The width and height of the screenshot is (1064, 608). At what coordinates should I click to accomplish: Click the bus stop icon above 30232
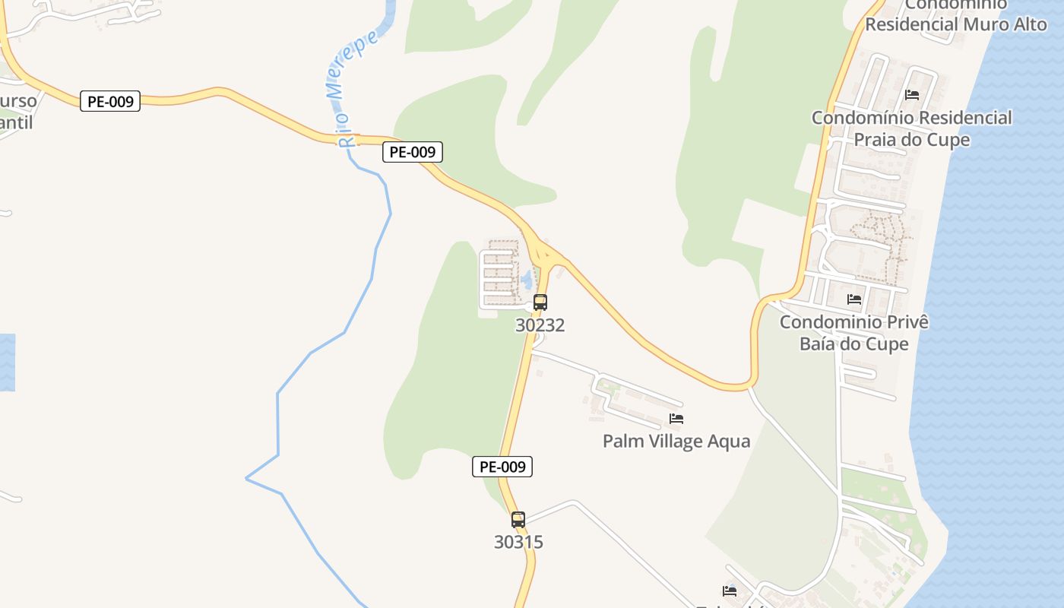pyautogui.click(x=540, y=302)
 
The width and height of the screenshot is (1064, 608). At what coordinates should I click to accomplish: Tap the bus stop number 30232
pyautogui.click(x=540, y=325)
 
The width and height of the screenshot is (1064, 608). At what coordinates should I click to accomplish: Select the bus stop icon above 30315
pyautogui.click(x=518, y=520)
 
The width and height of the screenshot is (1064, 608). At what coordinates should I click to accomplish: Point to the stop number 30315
pyautogui.click(x=518, y=543)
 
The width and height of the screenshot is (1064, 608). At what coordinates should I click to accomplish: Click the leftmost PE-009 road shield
pyautogui.click(x=110, y=101)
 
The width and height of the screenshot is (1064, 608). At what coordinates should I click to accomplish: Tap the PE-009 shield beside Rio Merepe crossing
pyautogui.click(x=412, y=152)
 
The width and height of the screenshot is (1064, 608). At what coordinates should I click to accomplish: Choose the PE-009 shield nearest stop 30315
pyautogui.click(x=502, y=467)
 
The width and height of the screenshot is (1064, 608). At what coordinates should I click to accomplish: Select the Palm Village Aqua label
pyautogui.click(x=676, y=442)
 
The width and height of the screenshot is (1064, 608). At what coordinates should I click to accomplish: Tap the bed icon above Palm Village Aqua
pyautogui.click(x=676, y=418)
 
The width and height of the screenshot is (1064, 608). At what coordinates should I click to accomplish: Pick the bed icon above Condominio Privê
pyautogui.click(x=854, y=299)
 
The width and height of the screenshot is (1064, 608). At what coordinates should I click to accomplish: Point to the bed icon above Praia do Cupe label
pyautogui.click(x=912, y=95)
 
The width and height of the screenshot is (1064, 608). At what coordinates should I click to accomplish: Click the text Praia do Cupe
pyautogui.click(x=912, y=140)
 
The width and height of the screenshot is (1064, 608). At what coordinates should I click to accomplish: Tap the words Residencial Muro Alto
pyautogui.click(x=956, y=24)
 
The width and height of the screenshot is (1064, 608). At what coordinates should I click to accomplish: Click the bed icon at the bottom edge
pyautogui.click(x=730, y=591)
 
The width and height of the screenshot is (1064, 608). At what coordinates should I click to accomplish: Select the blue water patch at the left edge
pyautogui.click(x=7, y=363)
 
